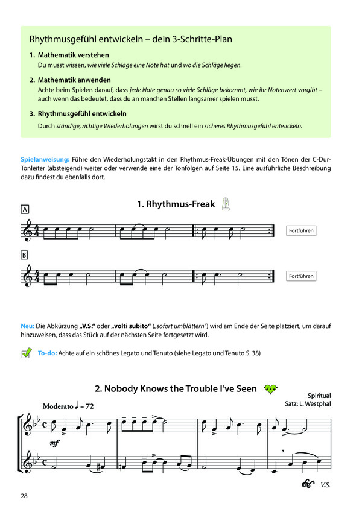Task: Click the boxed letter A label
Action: tap(25, 210)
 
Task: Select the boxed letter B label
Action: tap(25, 255)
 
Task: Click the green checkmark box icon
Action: tap(26, 354)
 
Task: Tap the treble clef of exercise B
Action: tap(27, 276)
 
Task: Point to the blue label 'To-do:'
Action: tap(47, 353)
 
